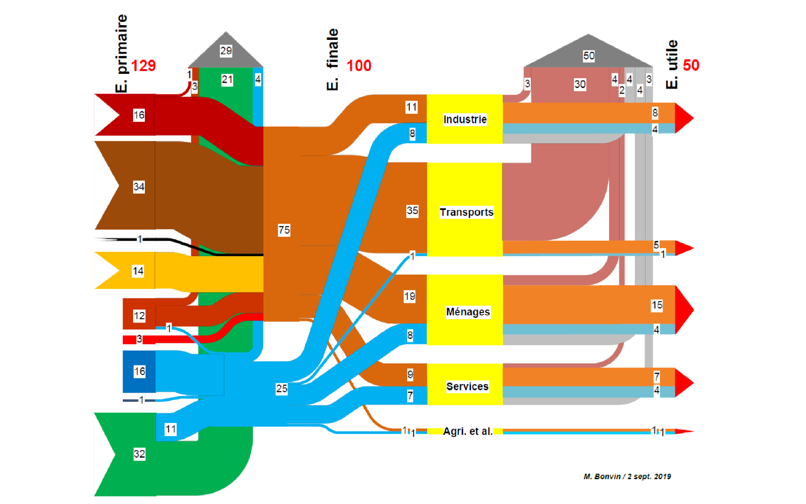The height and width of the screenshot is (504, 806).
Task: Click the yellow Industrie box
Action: [465, 119]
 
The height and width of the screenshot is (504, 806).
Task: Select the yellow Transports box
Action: [466, 212]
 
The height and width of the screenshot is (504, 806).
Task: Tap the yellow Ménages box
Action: [467, 312]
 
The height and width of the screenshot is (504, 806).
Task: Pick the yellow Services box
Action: [467, 386]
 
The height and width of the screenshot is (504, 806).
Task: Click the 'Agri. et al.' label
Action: [468, 431]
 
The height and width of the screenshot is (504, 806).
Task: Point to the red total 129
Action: [143, 66]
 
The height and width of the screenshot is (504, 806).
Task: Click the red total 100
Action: [359, 66]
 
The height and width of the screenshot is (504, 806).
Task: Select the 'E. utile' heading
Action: [672, 64]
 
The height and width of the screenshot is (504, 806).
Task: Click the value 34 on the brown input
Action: [139, 186]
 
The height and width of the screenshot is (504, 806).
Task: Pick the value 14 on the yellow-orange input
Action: [138, 271]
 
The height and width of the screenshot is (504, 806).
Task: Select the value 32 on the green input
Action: [139, 454]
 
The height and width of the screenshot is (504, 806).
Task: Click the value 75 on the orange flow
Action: [284, 230]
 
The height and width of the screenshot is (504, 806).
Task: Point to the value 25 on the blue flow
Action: [282, 388]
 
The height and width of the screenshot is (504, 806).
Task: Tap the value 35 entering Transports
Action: [412, 210]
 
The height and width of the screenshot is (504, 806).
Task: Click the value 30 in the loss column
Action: [580, 84]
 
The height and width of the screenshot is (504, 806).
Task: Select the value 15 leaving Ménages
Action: [657, 305]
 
